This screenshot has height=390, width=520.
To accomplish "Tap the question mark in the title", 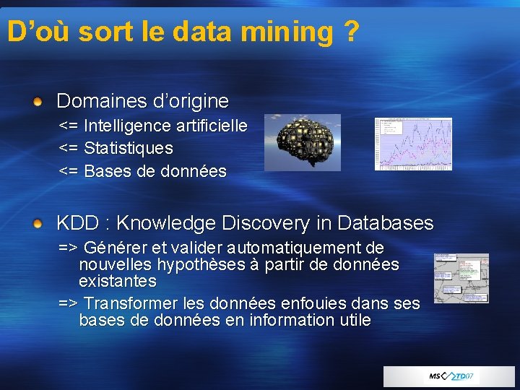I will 351,32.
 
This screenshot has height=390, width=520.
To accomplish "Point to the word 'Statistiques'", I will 129,149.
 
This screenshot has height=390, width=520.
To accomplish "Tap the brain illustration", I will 302,142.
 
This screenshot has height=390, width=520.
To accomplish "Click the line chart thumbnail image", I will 413,144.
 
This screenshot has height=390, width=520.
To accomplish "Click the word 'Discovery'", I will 276,223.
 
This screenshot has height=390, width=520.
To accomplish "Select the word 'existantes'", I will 117,280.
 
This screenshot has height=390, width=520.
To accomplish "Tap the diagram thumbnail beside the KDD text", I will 461,278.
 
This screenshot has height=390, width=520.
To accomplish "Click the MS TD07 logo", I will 451,376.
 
